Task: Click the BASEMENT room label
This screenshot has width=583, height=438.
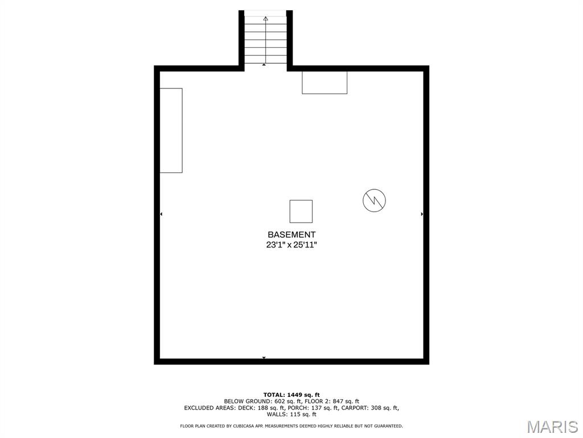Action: pos(291,234)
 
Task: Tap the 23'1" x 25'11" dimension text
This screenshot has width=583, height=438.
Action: pos(291,245)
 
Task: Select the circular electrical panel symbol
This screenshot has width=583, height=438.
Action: pos(374,200)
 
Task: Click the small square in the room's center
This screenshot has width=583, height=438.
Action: pos(301,211)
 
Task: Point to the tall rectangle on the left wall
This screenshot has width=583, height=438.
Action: pos(171,131)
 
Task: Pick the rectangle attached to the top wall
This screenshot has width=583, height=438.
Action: pos(325,83)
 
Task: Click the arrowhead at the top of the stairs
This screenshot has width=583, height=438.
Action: pos(265,18)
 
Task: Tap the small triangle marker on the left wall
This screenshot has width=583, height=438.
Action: pos(161,214)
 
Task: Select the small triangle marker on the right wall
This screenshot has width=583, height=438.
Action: pos(422,214)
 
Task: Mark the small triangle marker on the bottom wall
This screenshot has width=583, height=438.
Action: pos(264,358)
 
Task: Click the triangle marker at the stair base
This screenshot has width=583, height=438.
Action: pos(264,65)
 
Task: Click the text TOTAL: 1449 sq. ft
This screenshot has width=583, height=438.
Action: pos(291,395)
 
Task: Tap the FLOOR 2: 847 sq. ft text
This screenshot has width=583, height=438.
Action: pos(332,401)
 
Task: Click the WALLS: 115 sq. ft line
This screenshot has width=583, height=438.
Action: pos(291,414)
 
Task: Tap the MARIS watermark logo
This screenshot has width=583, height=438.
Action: pos(552,427)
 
